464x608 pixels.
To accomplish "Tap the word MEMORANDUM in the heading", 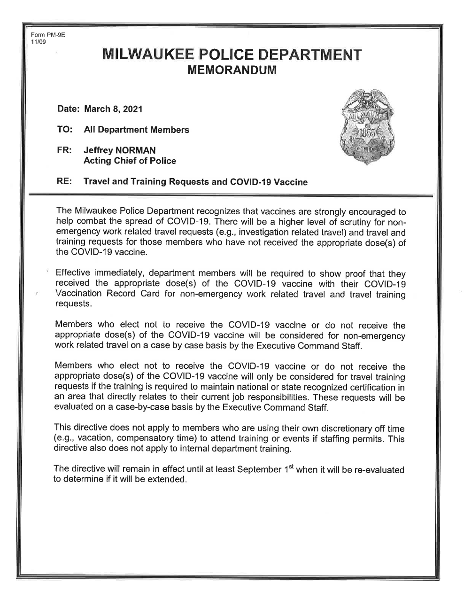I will click(x=232, y=70).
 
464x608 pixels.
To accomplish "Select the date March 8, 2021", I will click(x=113, y=109).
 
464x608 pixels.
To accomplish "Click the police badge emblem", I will click(x=366, y=127).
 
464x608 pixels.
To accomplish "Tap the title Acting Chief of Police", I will click(x=130, y=161).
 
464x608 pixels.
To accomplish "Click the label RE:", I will click(x=64, y=181).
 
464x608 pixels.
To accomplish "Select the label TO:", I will click(x=64, y=129).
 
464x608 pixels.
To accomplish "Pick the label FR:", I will click(x=64, y=150).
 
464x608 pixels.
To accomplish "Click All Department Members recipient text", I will click(x=136, y=130).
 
